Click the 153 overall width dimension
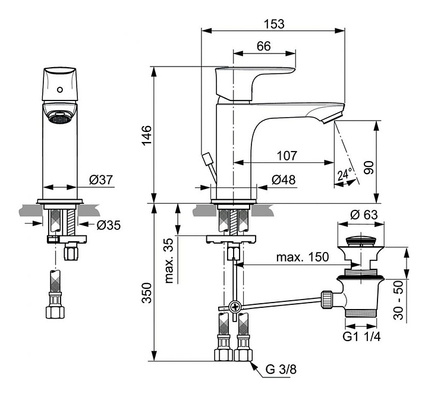click(274, 24)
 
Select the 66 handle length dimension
click(263, 46)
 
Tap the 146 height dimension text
click(147, 136)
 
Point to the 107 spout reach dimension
click(287, 156)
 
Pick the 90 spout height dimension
click(369, 168)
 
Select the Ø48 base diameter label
click(284, 180)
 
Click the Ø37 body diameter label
click(100, 180)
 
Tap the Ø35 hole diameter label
click(109, 225)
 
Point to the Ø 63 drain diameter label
click(364, 215)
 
